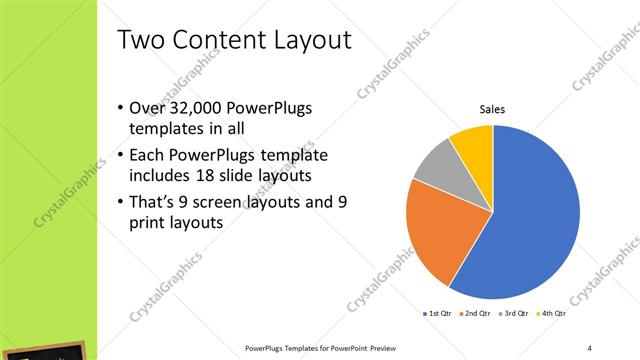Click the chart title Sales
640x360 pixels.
click(492, 109)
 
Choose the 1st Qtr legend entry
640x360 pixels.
click(438, 315)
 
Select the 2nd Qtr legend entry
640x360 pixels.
click(475, 315)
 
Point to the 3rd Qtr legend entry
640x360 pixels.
click(514, 315)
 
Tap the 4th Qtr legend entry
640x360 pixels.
click(552, 315)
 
